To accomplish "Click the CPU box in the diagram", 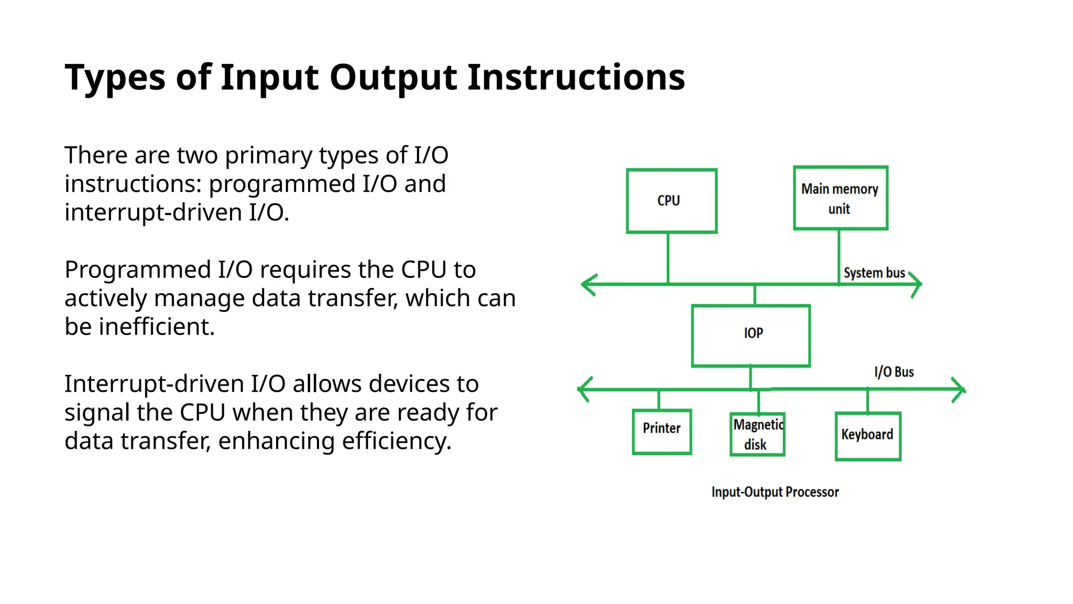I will tap(671, 201).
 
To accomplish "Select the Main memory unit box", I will tap(840, 198).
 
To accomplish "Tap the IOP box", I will tap(751, 336).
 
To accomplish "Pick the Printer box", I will tap(662, 432).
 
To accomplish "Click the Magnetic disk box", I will tap(757, 434).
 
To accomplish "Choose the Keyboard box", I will tap(868, 436).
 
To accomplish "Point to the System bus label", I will tap(874, 273).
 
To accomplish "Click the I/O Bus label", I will tap(894, 372).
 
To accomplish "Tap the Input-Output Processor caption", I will tap(775, 492).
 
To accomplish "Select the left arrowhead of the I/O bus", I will tap(582, 390).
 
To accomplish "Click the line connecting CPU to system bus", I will tap(668, 258).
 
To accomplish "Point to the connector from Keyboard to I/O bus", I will tap(868, 401).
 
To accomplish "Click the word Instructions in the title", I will tap(576, 78).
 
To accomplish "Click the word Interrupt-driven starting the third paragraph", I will tap(154, 384).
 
